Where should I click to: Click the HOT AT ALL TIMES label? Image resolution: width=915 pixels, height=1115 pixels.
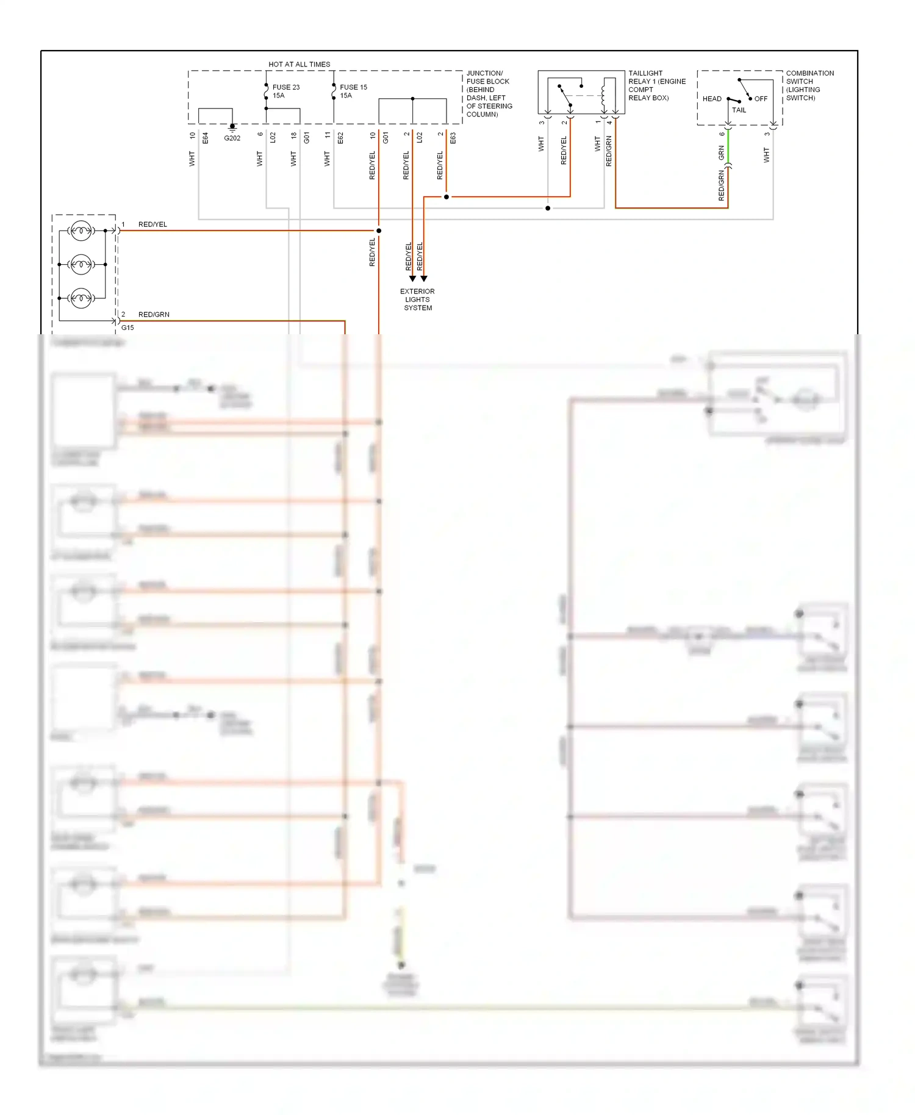(x=299, y=64)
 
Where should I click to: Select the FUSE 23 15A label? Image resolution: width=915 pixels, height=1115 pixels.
(x=285, y=91)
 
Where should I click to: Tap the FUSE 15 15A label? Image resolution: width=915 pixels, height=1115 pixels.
(x=353, y=91)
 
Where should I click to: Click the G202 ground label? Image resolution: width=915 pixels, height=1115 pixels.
(x=232, y=138)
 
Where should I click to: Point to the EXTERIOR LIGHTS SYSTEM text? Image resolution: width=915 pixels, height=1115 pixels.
(x=417, y=299)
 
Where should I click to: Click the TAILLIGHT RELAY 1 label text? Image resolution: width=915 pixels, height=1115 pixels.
(x=657, y=85)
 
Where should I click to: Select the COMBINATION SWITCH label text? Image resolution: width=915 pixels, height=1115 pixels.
(x=809, y=85)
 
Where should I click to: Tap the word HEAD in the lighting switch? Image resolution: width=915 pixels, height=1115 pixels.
(x=712, y=99)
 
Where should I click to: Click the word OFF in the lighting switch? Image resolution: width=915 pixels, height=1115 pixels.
(x=761, y=99)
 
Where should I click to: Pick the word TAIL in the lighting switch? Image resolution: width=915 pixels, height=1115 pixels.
(x=739, y=110)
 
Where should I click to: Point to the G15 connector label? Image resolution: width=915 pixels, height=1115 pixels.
(x=127, y=328)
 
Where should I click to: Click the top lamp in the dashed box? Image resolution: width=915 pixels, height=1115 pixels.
(x=81, y=231)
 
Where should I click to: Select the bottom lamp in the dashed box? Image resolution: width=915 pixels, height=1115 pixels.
(x=81, y=298)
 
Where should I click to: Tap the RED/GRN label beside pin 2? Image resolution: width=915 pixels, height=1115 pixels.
(x=154, y=315)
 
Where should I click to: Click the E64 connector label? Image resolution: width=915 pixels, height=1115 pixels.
(x=206, y=138)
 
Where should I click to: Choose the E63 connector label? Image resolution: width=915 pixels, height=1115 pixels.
(x=453, y=138)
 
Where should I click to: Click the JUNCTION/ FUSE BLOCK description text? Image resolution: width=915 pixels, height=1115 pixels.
(x=489, y=94)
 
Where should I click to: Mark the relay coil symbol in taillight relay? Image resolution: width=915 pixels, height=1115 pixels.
(x=604, y=95)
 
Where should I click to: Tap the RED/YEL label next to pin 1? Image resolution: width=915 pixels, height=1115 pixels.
(x=152, y=224)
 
